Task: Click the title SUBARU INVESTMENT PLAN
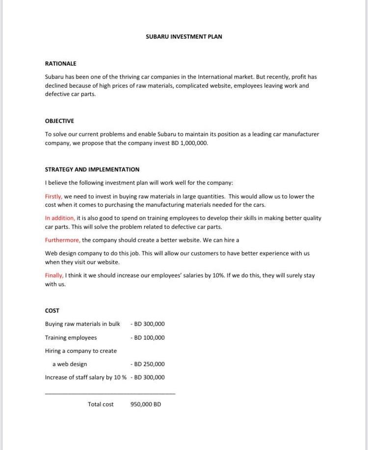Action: coord(184,37)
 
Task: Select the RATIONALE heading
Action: coord(60,64)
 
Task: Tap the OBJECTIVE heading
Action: coord(59,121)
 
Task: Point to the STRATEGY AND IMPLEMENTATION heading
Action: coord(92,170)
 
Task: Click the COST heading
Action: coord(52,311)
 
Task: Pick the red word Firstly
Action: coord(53,197)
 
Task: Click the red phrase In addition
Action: coord(60,218)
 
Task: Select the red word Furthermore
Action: coord(62,240)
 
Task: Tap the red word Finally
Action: coord(54,275)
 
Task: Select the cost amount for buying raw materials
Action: coord(149,324)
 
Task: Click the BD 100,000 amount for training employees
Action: coord(149,338)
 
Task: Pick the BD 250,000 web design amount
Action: coord(149,364)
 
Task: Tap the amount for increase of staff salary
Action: coord(149,377)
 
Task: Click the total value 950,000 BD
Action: coord(146,404)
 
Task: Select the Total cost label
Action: coord(101,404)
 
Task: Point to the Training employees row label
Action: coord(71,338)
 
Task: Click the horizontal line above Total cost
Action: coord(110,393)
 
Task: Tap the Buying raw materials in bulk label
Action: coord(82,324)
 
